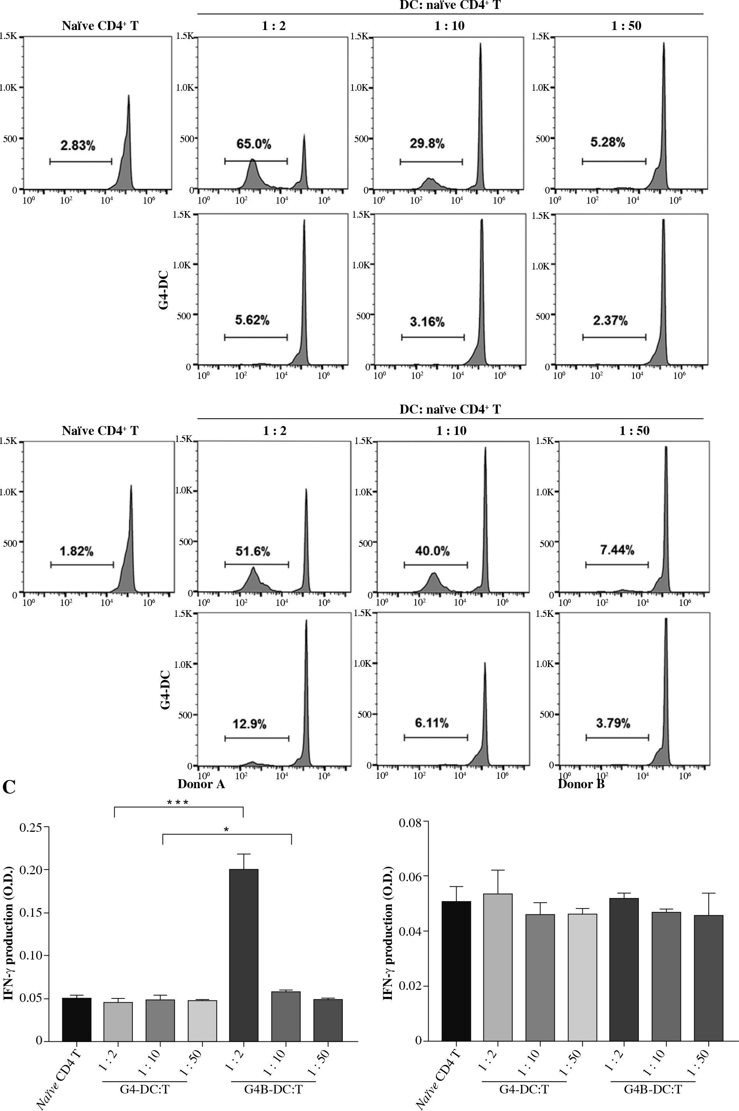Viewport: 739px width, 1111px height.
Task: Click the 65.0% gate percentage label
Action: tap(254, 144)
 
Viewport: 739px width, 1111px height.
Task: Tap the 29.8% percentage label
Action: tap(427, 144)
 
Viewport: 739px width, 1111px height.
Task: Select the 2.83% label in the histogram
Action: tap(78, 146)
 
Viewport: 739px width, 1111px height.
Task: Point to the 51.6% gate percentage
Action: tap(252, 551)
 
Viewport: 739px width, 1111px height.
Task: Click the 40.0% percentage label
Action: tap(432, 551)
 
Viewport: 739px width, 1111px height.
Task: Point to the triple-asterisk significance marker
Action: tap(178, 802)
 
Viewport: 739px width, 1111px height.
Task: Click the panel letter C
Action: tap(9, 787)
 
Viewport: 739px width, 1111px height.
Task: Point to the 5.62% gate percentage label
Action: tap(252, 320)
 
